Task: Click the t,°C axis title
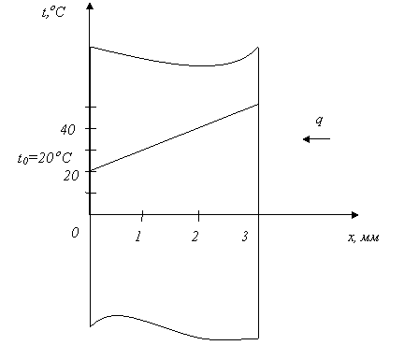(53, 12)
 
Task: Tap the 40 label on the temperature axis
(67, 129)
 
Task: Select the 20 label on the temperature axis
(71, 176)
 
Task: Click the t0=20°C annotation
(45, 158)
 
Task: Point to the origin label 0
(75, 233)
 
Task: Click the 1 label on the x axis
(138, 237)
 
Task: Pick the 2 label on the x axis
(195, 237)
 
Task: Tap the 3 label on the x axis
(245, 237)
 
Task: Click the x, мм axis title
(364, 238)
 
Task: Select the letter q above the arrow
(319, 121)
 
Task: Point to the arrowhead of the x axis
(354, 215)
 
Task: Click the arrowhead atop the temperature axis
(90, 6)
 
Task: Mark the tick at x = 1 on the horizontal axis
(142, 216)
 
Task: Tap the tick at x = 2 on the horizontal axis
(199, 216)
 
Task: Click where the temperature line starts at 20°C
(91, 171)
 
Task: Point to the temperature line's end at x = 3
(258, 104)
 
